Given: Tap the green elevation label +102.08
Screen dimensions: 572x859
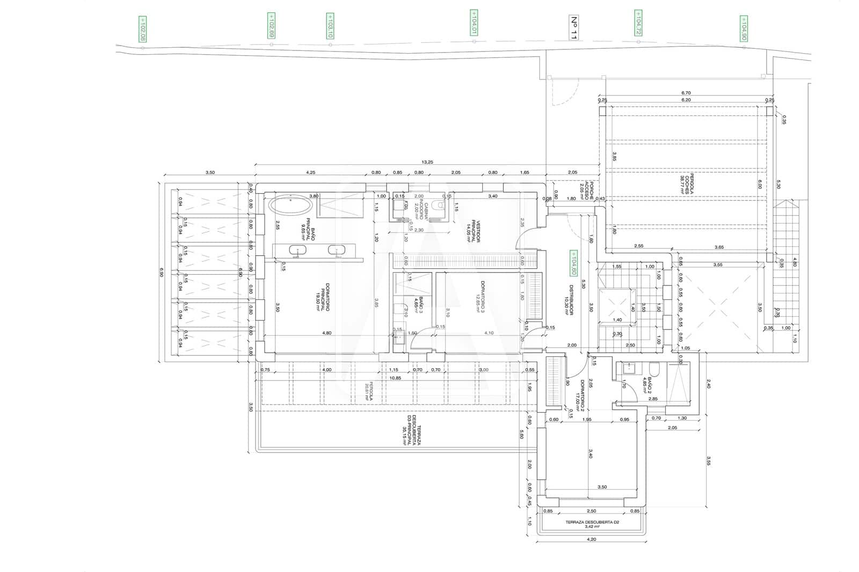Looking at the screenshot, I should pos(142,29).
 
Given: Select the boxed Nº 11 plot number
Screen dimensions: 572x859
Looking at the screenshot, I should pos(573,28).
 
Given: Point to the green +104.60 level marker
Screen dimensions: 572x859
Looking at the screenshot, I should pos(573,263).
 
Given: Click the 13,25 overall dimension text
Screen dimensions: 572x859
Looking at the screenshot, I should pos(427,162).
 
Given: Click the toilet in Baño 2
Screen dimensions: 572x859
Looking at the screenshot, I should pos(654,369).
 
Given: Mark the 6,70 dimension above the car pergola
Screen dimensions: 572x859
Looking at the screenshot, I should pos(686,93).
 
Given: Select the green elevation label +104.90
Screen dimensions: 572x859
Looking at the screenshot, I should pos(744,29).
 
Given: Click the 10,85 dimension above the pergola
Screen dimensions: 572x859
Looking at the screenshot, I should pos(395,378).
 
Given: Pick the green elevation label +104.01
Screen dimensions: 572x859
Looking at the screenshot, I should pos(474,23).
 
